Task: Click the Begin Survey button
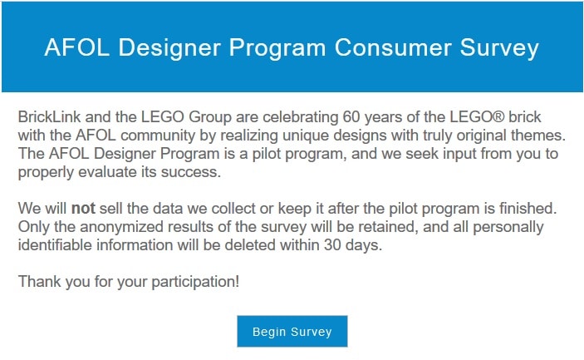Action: pyautogui.click(x=292, y=331)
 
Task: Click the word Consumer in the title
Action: pyautogui.click(x=393, y=47)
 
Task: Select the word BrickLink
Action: pyautogui.click(x=49, y=116)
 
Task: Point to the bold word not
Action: pyautogui.click(x=83, y=208)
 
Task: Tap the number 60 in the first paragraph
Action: pyautogui.click(x=351, y=116)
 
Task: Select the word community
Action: pyautogui.click(x=158, y=136)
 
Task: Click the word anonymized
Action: pyautogui.click(x=121, y=227)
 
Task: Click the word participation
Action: pyautogui.click(x=195, y=282)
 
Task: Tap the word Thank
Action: pyautogui.click(x=39, y=281)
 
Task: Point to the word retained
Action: pyautogui.click(x=390, y=227)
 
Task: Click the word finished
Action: pyautogui.click(x=528, y=208)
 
